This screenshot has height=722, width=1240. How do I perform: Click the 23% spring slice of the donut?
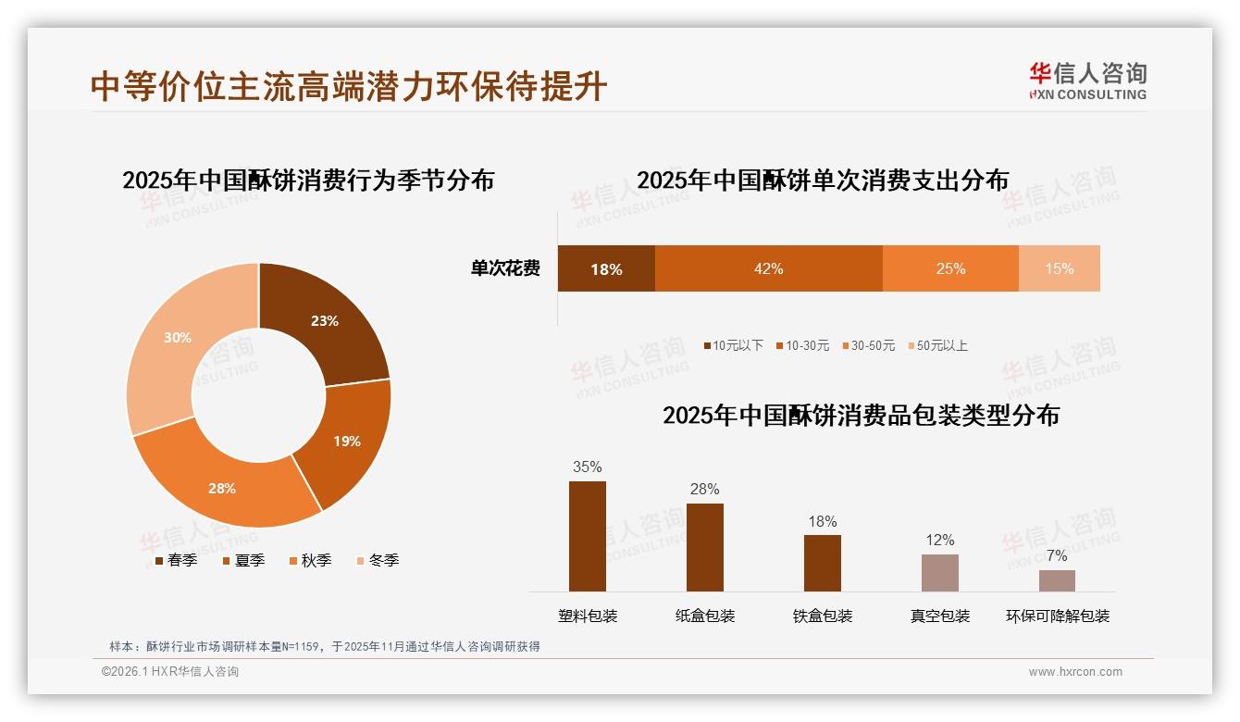(324, 321)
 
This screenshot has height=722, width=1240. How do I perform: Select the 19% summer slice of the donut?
(347, 442)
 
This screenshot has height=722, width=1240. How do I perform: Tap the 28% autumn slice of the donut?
(222, 488)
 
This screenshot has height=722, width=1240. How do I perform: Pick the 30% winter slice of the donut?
(178, 338)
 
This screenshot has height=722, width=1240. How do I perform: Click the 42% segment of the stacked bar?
(768, 268)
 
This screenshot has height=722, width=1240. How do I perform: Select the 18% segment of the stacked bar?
(606, 268)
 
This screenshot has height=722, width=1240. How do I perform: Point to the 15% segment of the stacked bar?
(1059, 268)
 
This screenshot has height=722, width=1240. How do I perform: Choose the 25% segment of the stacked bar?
(950, 268)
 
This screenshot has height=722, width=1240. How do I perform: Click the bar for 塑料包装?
(588, 536)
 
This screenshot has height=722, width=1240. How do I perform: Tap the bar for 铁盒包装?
(823, 563)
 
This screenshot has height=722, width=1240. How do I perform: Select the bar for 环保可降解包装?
(1057, 580)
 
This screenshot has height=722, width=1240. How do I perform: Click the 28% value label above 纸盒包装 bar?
(705, 490)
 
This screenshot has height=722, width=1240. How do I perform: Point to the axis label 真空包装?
(940, 616)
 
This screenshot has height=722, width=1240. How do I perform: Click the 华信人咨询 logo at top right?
(1087, 81)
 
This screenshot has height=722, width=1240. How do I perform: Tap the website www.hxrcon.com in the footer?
(1075, 672)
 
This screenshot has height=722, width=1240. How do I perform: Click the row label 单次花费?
(505, 268)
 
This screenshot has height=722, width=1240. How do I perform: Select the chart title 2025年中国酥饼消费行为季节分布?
(308, 180)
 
